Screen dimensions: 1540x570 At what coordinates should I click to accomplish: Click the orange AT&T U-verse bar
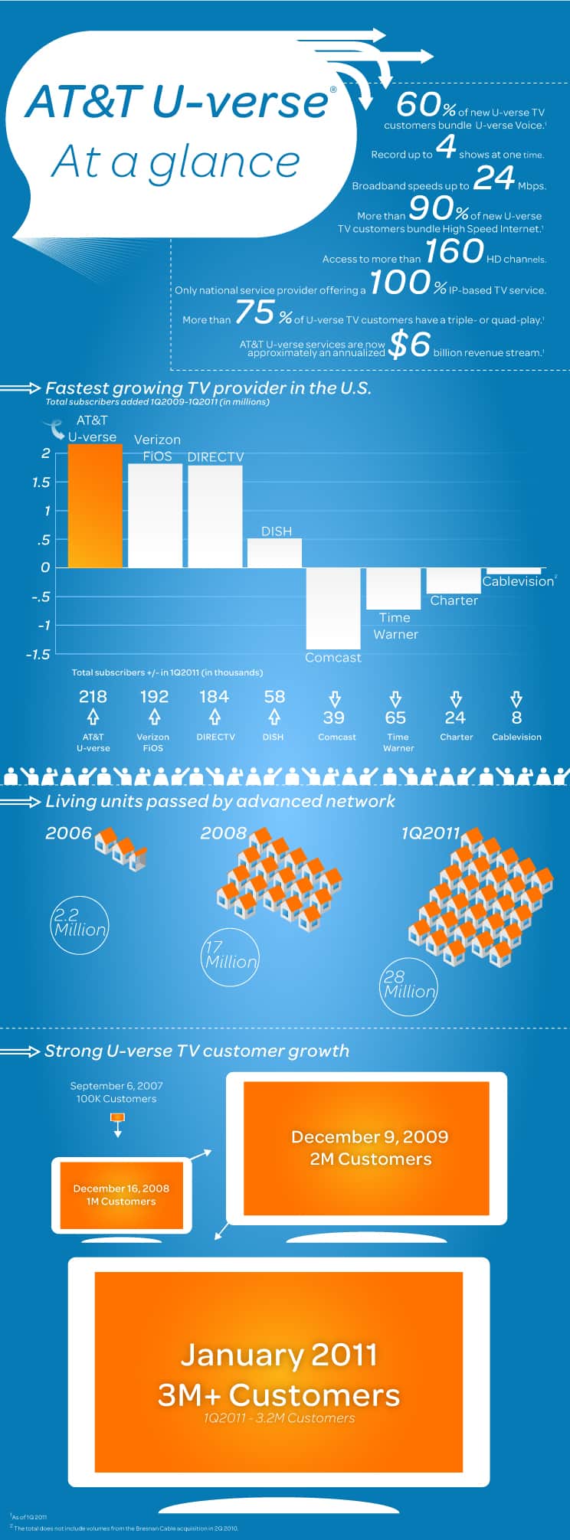(95, 506)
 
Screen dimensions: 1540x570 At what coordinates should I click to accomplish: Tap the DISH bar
(274, 553)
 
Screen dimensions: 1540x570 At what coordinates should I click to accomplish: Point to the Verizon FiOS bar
(155, 515)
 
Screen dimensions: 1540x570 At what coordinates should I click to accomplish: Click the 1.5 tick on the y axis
(41, 482)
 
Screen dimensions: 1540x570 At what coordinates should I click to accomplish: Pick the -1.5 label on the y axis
(38, 655)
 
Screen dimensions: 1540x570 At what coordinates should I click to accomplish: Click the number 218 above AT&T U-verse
(93, 697)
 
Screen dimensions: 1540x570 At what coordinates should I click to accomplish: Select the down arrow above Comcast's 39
(335, 698)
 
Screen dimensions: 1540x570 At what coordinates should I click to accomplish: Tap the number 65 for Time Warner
(395, 718)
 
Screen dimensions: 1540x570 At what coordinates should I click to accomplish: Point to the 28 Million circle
(409, 987)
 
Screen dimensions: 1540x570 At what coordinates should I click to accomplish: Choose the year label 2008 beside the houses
(223, 833)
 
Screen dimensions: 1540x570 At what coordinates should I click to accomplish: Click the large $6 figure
(410, 345)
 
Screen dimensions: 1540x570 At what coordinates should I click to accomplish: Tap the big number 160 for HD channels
(454, 251)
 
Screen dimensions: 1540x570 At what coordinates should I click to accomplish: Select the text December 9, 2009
(370, 1137)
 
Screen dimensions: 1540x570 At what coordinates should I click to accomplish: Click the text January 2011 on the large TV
(279, 1355)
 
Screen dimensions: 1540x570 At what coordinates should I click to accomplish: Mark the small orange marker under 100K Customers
(117, 1118)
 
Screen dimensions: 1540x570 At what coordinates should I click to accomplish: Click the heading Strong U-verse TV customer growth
(197, 1051)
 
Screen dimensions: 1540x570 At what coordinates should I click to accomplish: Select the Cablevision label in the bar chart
(518, 581)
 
